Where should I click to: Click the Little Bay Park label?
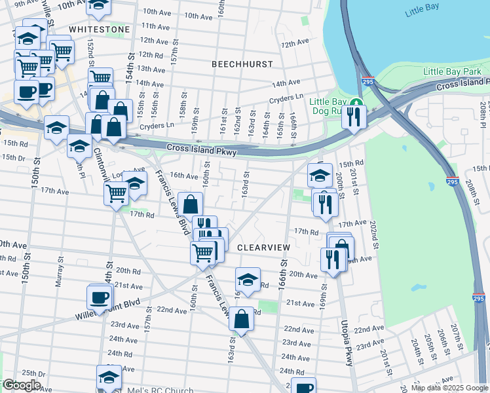pos(453,71)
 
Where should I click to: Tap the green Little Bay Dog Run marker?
pos(356,103)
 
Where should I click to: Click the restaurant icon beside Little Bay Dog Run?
pos(354,117)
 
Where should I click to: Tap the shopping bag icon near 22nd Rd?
pos(242,320)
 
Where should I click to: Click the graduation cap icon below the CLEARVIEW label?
pos(248,280)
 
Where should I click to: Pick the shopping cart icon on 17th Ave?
pos(116,193)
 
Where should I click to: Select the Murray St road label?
pos(60,271)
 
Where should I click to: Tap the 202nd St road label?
pos(374,233)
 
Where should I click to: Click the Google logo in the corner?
pos(22,385)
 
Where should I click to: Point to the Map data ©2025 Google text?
pos(449,388)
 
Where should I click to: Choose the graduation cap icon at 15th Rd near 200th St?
pos(320,175)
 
